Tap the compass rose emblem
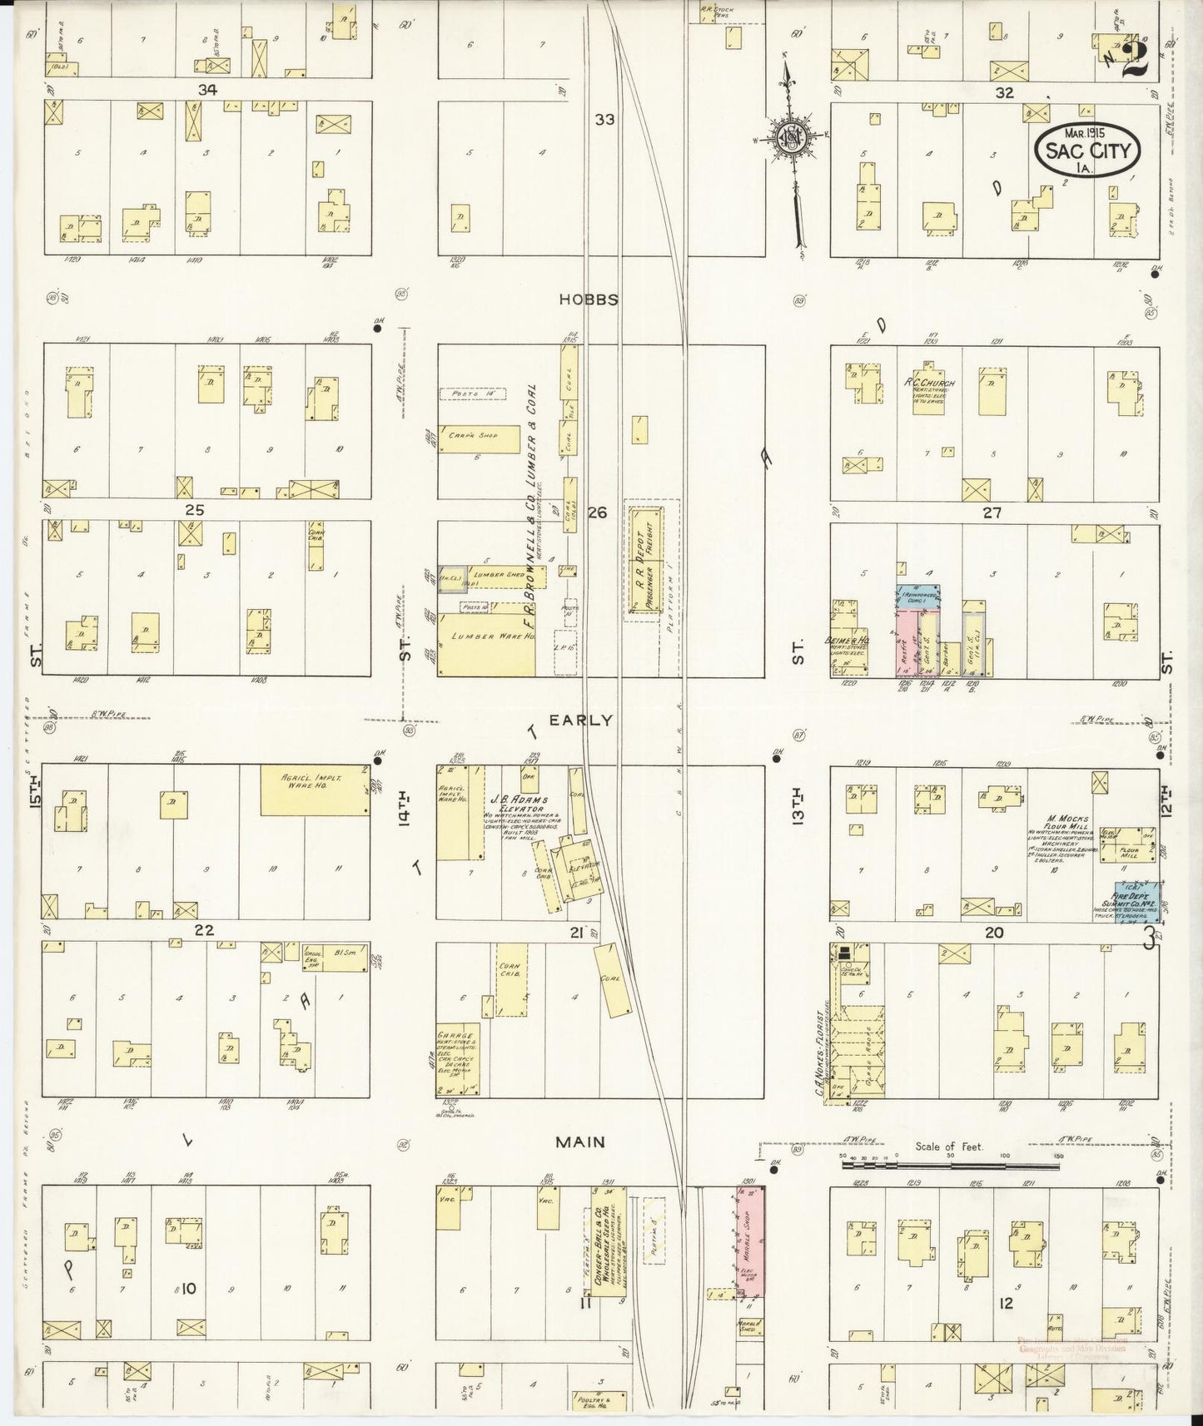pos(787,137)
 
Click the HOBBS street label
pos(589,300)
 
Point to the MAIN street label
pos(582,1142)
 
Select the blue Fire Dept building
pos(1137,900)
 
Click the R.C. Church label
pos(932,384)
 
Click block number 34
pos(207,90)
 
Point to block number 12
pos(1006,1303)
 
